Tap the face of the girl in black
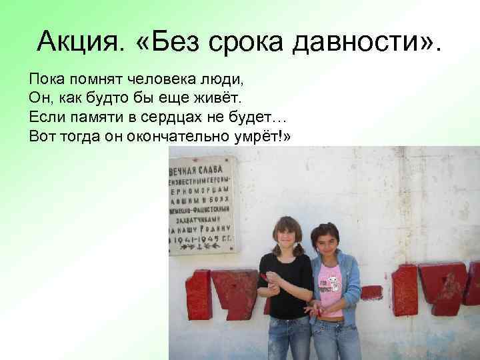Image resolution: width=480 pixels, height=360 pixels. click(287, 235)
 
